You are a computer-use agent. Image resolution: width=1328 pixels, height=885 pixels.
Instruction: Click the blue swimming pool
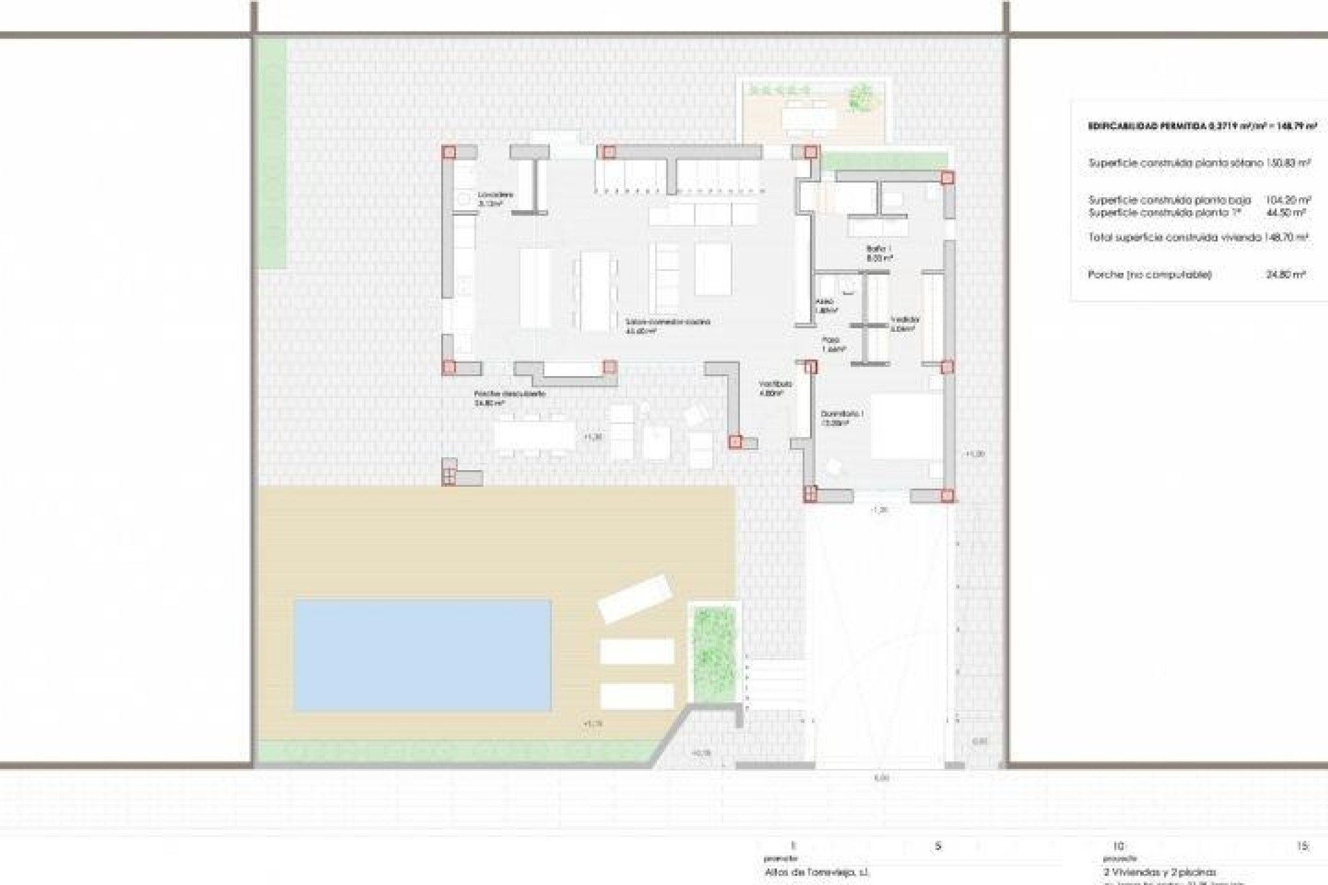422,655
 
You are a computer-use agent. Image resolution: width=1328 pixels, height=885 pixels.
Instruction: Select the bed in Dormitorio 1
906,425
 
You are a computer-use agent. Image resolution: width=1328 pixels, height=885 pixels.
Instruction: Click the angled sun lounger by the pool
634,599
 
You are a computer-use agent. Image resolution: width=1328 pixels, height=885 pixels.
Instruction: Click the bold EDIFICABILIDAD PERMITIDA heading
1202,127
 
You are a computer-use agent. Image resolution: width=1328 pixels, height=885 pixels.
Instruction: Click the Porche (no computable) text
1149,274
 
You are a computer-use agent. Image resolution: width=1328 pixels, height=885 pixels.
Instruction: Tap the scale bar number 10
1120,846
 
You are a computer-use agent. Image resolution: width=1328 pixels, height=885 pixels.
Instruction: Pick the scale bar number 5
938,846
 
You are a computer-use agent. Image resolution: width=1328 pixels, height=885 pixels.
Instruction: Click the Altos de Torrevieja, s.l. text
818,873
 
